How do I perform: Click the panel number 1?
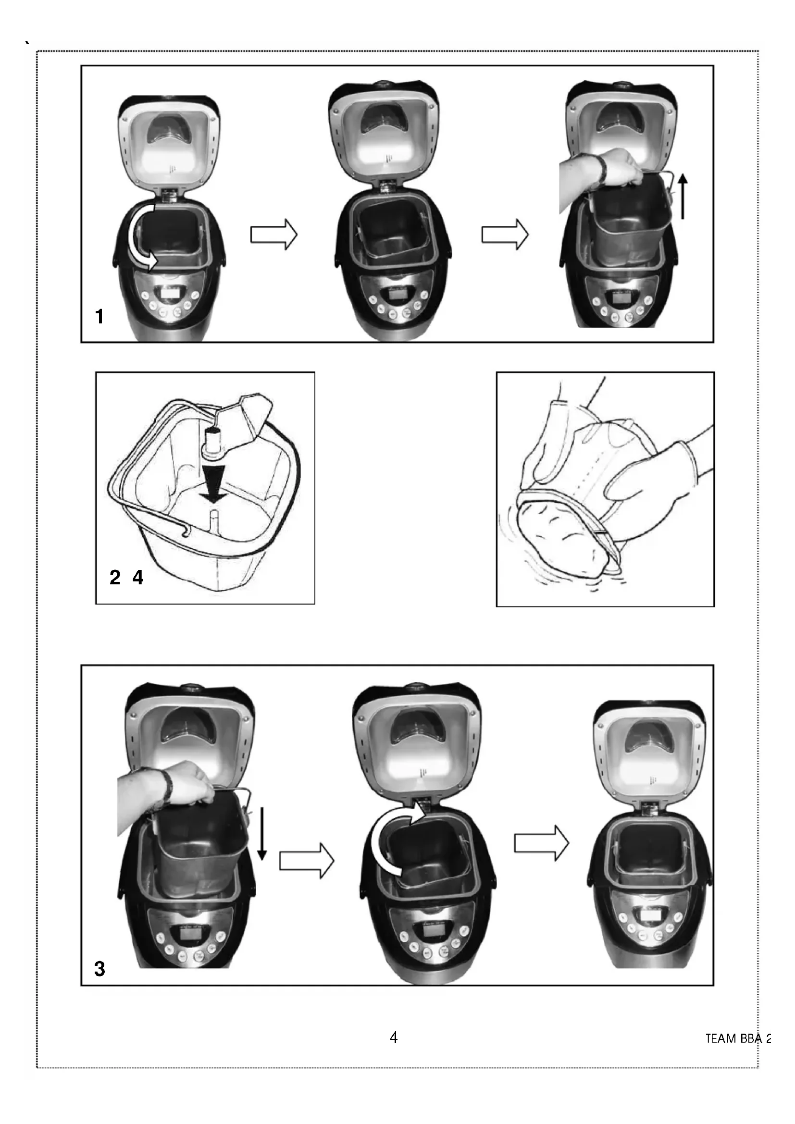(100, 317)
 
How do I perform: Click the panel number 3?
(100, 969)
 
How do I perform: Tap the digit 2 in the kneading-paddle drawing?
(115, 578)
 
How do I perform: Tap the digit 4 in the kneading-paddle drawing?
(138, 578)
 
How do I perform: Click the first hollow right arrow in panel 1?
(274, 235)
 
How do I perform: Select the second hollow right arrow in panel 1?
(505, 235)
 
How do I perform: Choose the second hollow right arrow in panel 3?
(541, 843)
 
